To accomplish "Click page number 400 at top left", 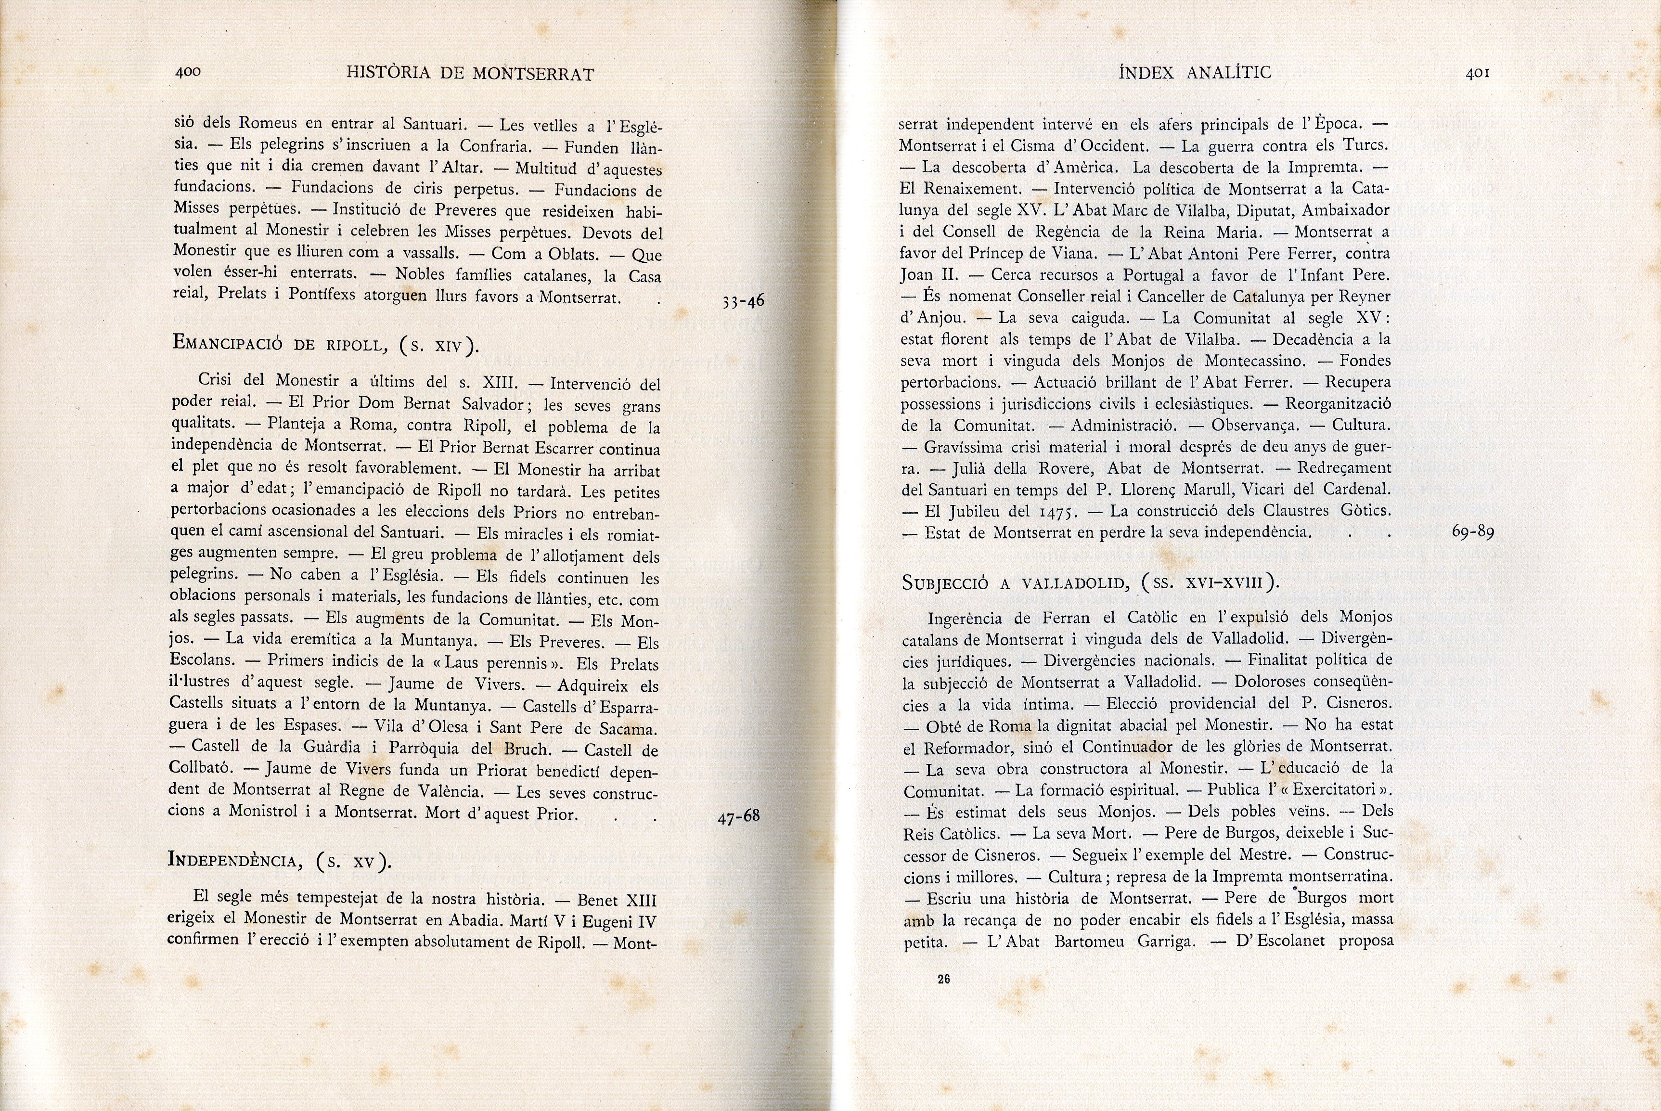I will coord(188,72).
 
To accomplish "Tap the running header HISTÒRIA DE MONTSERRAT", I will coord(470,74).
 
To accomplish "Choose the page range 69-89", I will coord(1473,531).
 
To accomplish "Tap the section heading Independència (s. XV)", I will coord(278,860).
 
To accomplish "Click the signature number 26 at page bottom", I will coord(943,979).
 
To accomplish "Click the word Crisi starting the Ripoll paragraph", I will coord(219,380).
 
